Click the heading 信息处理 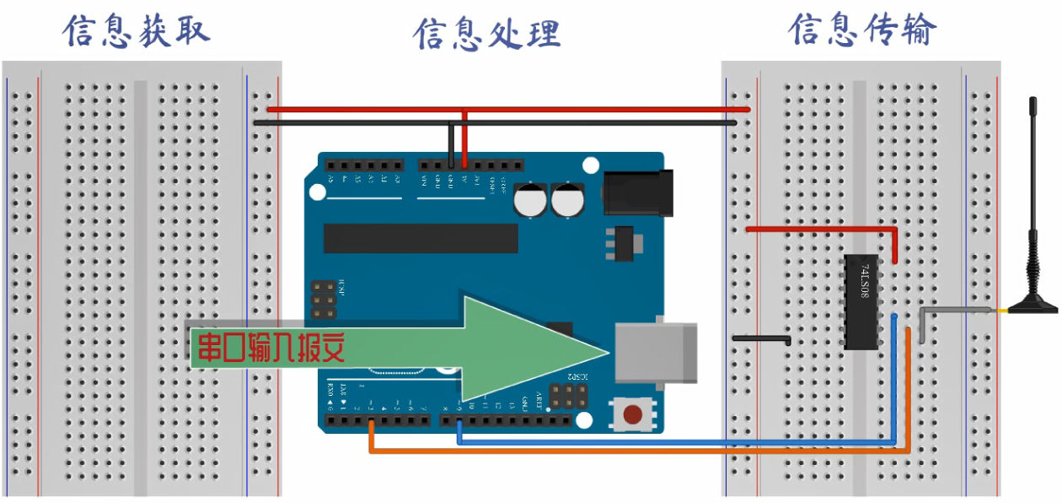(x=486, y=35)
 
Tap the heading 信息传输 (x=861, y=30)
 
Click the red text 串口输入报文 (x=271, y=346)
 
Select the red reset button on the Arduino (x=631, y=414)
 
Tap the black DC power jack (x=639, y=191)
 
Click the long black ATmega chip (x=421, y=238)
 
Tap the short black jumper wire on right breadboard (x=760, y=339)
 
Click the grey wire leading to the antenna (x=957, y=311)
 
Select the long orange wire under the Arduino (x=641, y=452)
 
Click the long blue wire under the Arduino (x=674, y=441)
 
